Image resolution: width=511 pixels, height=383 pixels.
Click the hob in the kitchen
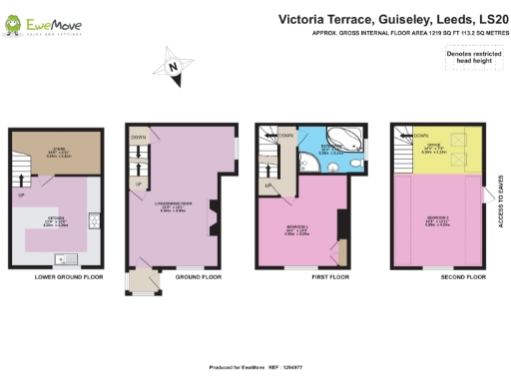coord(92,219)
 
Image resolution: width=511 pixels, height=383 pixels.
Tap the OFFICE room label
coord(439,151)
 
